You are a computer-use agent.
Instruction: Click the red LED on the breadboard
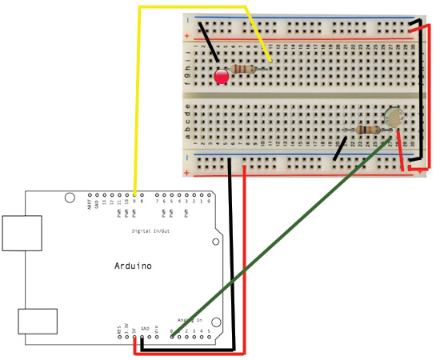point(222,77)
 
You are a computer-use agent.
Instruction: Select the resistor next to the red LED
point(243,70)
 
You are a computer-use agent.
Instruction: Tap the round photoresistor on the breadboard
point(392,118)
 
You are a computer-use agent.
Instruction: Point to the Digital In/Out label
point(151,231)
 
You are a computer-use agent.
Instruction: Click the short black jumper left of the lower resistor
point(341,146)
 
